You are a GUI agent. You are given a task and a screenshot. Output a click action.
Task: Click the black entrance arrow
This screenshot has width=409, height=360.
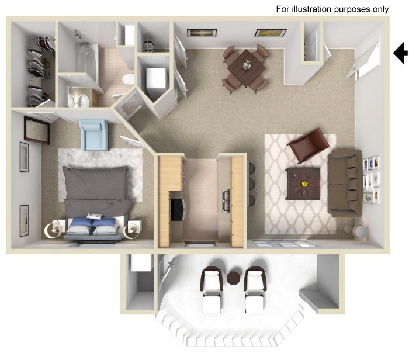click(401, 53)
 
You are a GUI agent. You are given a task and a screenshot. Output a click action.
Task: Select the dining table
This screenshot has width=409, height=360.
click(245, 67)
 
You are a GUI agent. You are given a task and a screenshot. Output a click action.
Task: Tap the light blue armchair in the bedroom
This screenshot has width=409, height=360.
click(94, 134)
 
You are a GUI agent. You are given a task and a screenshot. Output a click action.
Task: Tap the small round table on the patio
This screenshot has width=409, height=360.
click(235, 278)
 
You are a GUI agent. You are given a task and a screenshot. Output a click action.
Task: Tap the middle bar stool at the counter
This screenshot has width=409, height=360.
click(251, 184)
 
